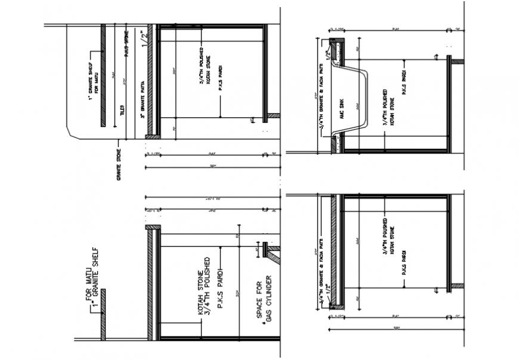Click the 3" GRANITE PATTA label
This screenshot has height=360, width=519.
[143, 100]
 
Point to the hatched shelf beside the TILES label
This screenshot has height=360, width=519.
[103, 75]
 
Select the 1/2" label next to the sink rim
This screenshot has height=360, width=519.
[328, 49]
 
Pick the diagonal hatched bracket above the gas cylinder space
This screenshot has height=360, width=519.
[274, 257]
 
